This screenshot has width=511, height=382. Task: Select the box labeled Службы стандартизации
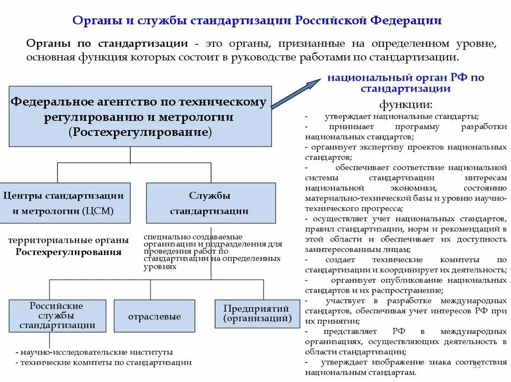pos(210,203)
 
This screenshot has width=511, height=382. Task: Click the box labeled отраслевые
pos(154,316)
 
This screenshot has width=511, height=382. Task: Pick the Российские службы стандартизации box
pos(57,316)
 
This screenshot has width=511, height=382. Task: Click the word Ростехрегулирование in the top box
pos(141,132)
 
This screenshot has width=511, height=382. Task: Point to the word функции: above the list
pos(406,105)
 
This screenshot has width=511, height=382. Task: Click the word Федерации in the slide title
pos(406,20)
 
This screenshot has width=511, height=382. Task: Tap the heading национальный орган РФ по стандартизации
pos(406,83)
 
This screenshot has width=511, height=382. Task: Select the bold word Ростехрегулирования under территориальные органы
pos(68,252)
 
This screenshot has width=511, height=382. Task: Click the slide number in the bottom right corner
pos(476,366)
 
